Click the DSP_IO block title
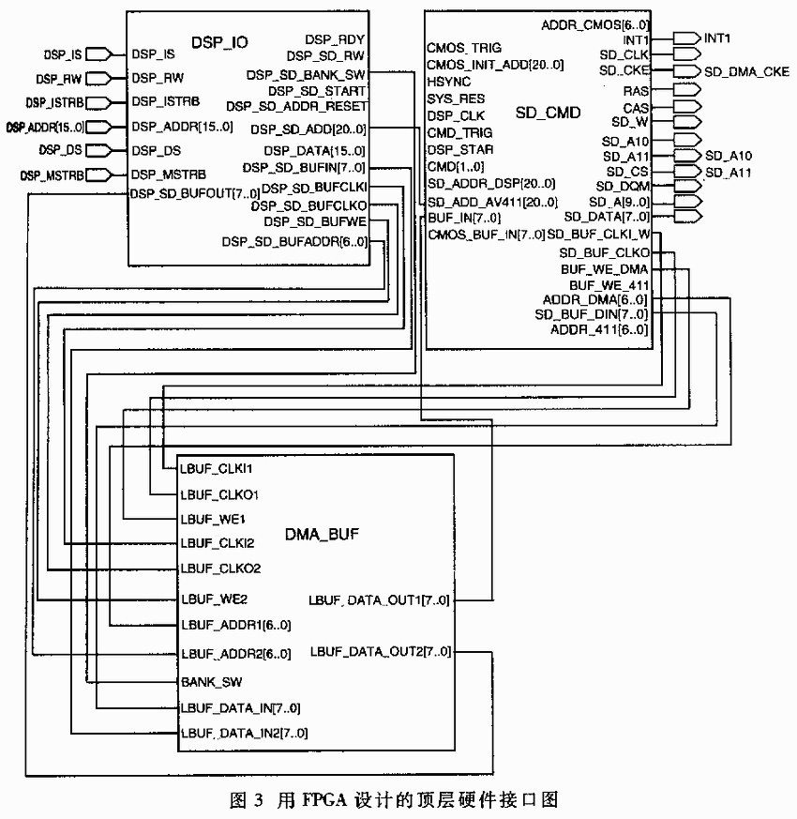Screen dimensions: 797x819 tap(219, 42)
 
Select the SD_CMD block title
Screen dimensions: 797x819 tap(548, 113)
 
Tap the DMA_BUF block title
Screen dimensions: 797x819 tap(322, 534)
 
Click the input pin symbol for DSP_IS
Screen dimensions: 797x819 tap(98, 54)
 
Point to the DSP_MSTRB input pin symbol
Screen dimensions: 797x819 tap(98, 174)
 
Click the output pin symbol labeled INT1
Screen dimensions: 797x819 tap(686, 38)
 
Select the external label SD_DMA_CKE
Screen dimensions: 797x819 tap(746, 71)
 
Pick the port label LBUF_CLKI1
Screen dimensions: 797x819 tap(216, 468)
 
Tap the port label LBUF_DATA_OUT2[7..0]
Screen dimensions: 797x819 tap(381, 652)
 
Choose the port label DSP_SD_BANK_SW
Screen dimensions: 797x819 tap(306, 75)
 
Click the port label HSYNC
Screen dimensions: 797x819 tap(449, 82)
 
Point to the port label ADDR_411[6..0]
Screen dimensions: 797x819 tap(599, 329)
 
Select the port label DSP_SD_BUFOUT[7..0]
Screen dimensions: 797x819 tap(195, 194)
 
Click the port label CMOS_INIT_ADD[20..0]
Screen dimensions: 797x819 tap(495, 65)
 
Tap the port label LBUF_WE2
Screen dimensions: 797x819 tap(214, 599)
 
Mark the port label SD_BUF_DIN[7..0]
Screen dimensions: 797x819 tap(592, 314)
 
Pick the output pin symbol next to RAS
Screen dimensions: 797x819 tap(686, 90)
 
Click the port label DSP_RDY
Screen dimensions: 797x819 tap(335, 39)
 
